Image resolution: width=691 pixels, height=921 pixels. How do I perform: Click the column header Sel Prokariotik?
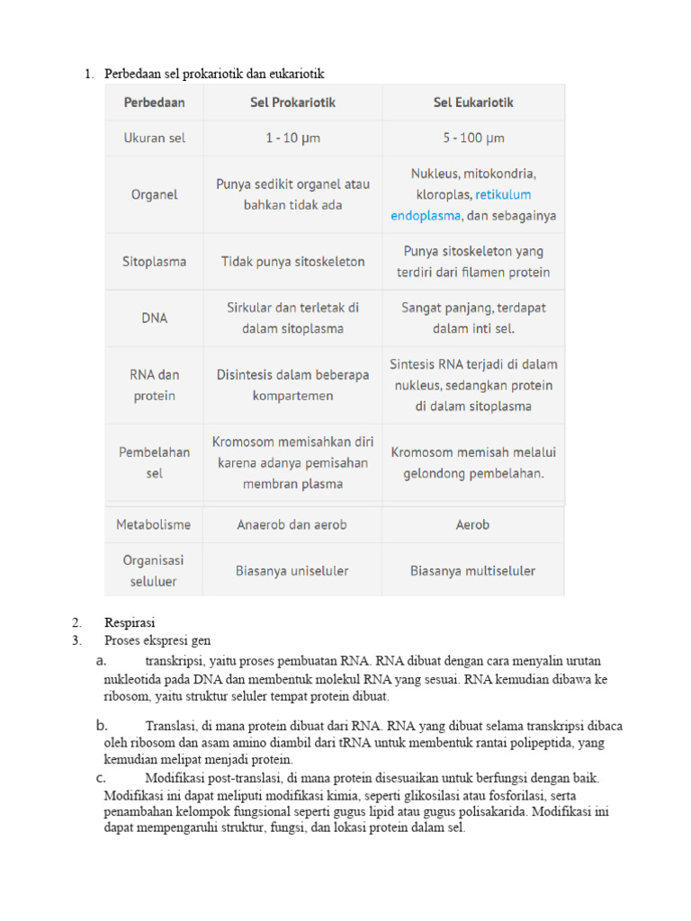click(x=292, y=103)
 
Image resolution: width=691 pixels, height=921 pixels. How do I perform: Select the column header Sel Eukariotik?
click(x=473, y=103)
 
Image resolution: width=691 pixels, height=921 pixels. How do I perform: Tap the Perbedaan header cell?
click(x=154, y=103)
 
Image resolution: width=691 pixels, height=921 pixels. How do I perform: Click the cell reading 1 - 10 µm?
click(x=292, y=139)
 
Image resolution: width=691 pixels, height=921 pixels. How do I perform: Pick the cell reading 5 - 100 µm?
click(x=473, y=139)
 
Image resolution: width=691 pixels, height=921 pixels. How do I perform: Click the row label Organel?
click(x=154, y=194)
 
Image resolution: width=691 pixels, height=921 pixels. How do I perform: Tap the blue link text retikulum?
click(x=503, y=194)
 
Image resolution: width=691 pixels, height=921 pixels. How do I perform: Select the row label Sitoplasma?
click(x=154, y=262)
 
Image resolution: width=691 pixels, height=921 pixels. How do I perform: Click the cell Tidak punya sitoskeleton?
click(x=292, y=262)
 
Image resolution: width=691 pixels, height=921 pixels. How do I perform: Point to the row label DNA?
click(x=154, y=317)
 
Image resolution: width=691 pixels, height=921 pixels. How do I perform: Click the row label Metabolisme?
click(x=154, y=524)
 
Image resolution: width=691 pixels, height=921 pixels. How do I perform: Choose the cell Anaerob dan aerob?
click(x=292, y=524)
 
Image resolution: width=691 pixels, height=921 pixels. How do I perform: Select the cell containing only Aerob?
click(x=473, y=524)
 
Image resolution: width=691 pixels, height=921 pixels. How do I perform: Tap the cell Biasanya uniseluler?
click(x=292, y=570)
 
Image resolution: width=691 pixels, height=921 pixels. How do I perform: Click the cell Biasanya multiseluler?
click(x=473, y=570)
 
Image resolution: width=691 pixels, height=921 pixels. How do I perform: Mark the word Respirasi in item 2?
click(x=130, y=622)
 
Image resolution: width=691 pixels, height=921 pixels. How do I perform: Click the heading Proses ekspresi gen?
click(x=157, y=640)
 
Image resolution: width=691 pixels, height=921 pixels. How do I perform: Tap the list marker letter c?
click(x=101, y=777)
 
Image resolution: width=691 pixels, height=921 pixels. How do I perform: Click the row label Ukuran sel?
click(x=154, y=139)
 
